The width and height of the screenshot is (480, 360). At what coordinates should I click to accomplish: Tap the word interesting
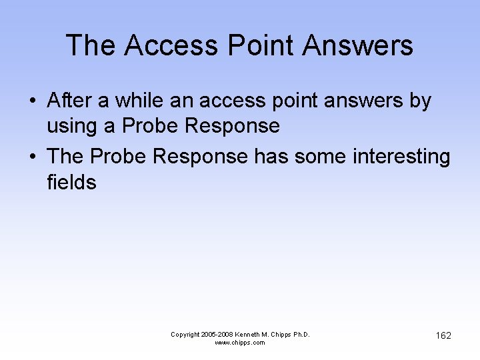click(x=399, y=156)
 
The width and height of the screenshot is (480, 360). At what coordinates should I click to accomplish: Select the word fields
click(x=71, y=182)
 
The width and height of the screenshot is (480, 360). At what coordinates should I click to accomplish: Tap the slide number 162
click(x=443, y=335)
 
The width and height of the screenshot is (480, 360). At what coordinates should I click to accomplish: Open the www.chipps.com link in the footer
click(x=240, y=343)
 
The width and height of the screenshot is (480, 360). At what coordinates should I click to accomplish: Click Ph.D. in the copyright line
click(x=301, y=334)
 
